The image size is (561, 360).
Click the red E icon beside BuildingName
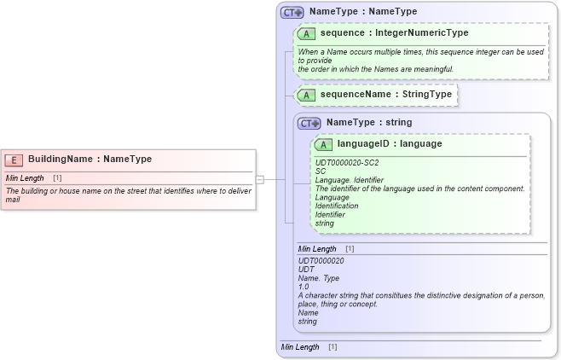click(x=14, y=159)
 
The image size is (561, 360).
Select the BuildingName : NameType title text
click(x=90, y=159)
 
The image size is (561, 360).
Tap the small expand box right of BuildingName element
click(x=260, y=179)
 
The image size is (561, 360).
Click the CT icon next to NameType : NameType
click(x=292, y=12)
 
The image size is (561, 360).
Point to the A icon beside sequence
click(x=307, y=33)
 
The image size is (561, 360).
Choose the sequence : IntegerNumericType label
click(x=394, y=33)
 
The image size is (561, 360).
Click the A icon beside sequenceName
click(x=307, y=95)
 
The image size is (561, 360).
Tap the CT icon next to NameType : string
click(x=309, y=123)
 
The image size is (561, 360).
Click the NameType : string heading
click(x=368, y=123)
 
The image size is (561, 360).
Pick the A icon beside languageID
click(x=324, y=144)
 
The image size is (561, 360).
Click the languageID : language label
click(x=389, y=144)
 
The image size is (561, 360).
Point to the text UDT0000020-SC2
click(x=347, y=162)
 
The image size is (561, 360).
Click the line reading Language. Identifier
click(x=350, y=180)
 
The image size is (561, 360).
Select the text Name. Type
click(x=318, y=278)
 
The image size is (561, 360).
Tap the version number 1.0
click(x=304, y=287)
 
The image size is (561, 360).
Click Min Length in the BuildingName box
click(x=25, y=177)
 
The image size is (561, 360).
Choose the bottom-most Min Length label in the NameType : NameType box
click(x=300, y=347)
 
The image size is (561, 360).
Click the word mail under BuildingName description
click(x=13, y=199)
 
